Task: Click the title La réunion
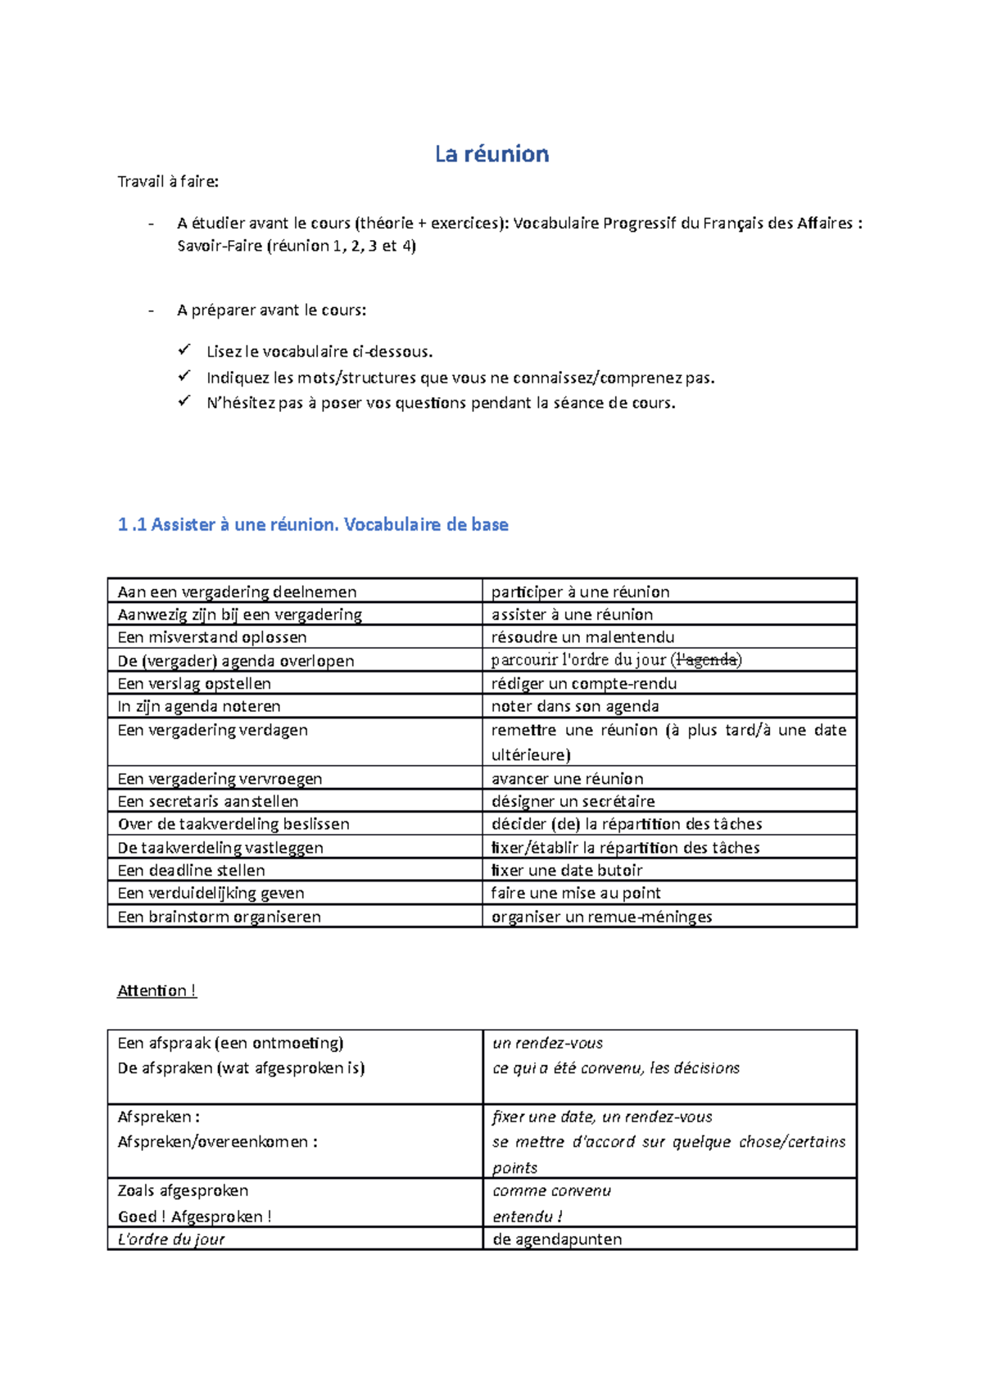click(x=491, y=154)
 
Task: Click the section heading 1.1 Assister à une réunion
click(x=313, y=525)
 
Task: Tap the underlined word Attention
click(x=156, y=990)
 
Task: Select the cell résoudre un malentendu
click(x=582, y=637)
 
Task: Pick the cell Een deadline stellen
click(x=192, y=870)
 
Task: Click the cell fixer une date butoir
click(x=566, y=870)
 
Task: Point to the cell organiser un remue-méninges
click(x=601, y=917)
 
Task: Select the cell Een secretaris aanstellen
click(x=208, y=801)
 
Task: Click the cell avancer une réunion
click(x=567, y=778)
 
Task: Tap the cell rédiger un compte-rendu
click(x=583, y=683)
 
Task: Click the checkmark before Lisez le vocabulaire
click(x=183, y=351)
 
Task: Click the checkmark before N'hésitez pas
click(x=183, y=401)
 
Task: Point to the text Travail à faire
click(x=168, y=182)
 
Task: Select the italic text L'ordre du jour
click(x=171, y=1239)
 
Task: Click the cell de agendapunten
click(x=557, y=1239)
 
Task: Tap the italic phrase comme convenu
click(x=551, y=1190)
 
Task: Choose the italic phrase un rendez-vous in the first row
click(x=547, y=1043)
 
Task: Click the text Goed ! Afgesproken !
click(x=194, y=1217)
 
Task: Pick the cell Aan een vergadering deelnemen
click(x=237, y=591)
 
